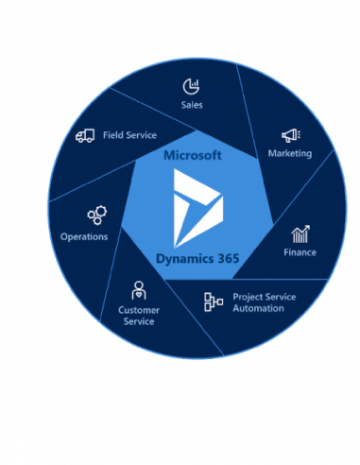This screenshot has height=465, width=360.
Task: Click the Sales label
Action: tap(192, 105)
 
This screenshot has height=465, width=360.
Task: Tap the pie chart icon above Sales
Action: tap(191, 86)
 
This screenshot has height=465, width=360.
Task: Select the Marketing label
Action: tap(289, 153)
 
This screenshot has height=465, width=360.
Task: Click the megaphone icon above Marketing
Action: tap(290, 135)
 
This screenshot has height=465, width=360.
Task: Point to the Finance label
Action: tap(300, 252)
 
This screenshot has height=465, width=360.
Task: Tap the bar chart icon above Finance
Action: tap(300, 233)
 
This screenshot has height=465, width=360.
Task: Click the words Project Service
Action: tap(264, 297)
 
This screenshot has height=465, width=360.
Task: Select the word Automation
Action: tap(258, 308)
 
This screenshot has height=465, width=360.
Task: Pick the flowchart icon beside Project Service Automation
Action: tap(214, 301)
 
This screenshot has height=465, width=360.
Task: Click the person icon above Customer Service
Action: tap(138, 290)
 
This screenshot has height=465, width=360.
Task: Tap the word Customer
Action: tap(138, 310)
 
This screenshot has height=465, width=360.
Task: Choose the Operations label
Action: tap(84, 236)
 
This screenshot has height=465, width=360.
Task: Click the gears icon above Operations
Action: tap(95, 216)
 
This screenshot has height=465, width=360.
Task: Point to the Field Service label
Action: tap(129, 135)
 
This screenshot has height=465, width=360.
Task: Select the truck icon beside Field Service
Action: tap(85, 135)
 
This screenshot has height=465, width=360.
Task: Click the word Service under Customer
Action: tap(138, 322)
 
